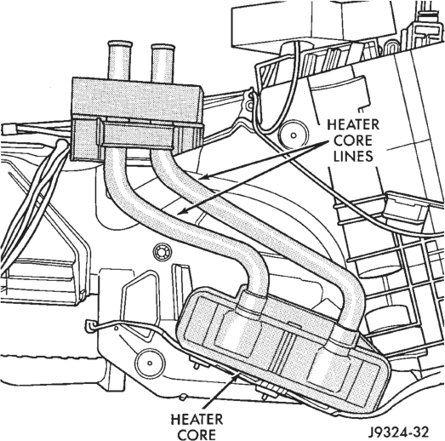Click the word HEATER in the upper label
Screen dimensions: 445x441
pyautogui.click(x=353, y=124)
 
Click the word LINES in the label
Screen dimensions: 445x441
pyautogui.click(x=353, y=156)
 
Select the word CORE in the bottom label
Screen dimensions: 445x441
pyautogui.click(x=197, y=435)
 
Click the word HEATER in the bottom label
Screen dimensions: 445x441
pyautogui.click(x=197, y=420)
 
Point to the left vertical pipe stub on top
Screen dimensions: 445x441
pyautogui.click(x=120, y=60)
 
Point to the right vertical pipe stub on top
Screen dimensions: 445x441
pyautogui.click(x=163, y=64)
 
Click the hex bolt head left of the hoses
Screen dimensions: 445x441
pyautogui.click(x=163, y=252)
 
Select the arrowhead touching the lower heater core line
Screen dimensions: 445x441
pyautogui.click(x=181, y=210)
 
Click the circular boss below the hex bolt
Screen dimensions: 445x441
pyautogui.click(x=150, y=363)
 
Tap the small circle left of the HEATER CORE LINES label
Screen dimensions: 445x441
pyautogui.click(x=294, y=135)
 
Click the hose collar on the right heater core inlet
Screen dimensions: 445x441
pyautogui.click(x=345, y=337)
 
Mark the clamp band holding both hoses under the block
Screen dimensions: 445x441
pyautogui.click(x=139, y=135)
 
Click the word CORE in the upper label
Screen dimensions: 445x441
pyautogui.click(x=353, y=140)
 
